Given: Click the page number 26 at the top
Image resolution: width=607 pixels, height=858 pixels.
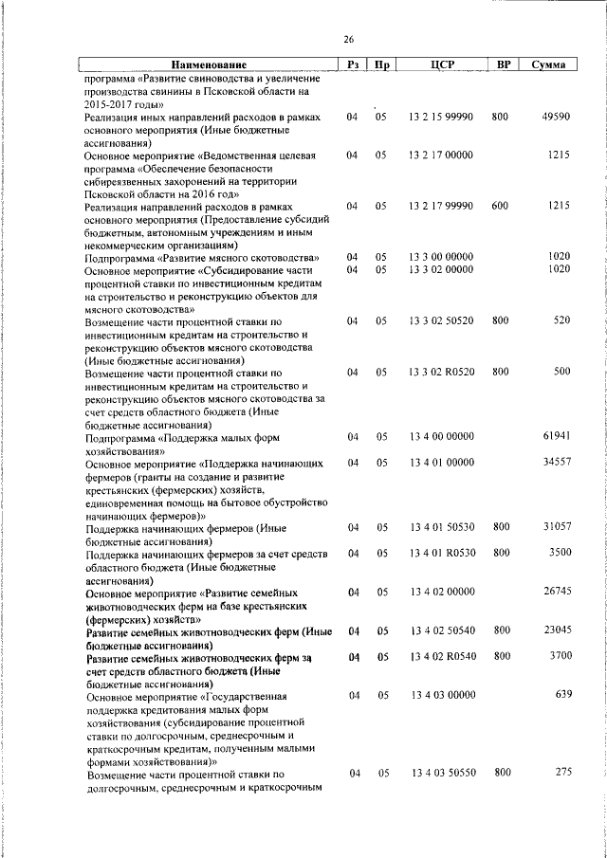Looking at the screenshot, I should click(x=348, y=39).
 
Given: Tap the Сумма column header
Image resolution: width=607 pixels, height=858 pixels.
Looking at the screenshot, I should click(x=550, y=64).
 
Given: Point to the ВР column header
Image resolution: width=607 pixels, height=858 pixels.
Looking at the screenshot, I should click(x=505, y=64).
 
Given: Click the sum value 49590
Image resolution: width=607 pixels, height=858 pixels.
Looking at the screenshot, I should click(x=556, y=117).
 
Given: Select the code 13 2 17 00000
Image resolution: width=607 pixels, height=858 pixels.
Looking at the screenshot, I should click(x=441, y=154).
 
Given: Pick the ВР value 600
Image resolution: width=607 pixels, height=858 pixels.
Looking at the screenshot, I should click(x=501, y=206).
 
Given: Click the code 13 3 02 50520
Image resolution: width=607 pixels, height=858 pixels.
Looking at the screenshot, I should click(x=441, y=321).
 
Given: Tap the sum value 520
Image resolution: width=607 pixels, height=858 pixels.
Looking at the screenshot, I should click(x=561, y=321).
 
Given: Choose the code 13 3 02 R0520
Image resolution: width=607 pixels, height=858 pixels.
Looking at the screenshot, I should click(x=441, y=372).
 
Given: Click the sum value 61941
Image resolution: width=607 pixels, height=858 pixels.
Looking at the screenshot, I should click(x=556, y=435).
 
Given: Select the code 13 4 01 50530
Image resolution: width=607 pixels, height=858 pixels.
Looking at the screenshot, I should click(x=441, y=526).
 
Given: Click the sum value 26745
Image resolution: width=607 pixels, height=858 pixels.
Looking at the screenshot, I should click(x=556, y=592).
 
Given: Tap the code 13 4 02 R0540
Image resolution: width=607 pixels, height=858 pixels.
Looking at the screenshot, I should click(x=441, y=656).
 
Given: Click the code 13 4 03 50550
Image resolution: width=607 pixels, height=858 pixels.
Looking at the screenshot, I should click(x=441, y=773).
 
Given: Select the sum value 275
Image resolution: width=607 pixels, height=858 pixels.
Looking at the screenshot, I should click(x=562, y=773).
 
